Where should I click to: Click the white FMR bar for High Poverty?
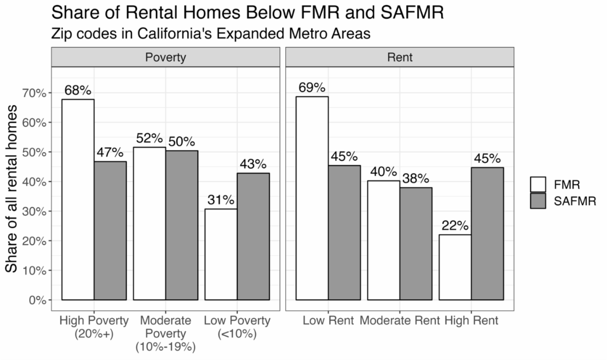click(77, 199)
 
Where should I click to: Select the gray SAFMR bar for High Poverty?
click(110, 231)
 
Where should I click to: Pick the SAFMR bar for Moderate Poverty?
click(182, 225)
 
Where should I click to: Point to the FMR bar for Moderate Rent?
click(383, 240)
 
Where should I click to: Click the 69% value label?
click(312, 87)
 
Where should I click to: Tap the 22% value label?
click(455, 226)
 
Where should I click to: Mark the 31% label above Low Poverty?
click(221, 200)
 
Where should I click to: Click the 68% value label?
click(77, 91)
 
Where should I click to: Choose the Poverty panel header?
click(165, 57)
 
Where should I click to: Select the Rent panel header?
click(400, 57)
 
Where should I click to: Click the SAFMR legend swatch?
click(538, 200)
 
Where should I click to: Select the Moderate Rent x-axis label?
click(400, 321)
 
